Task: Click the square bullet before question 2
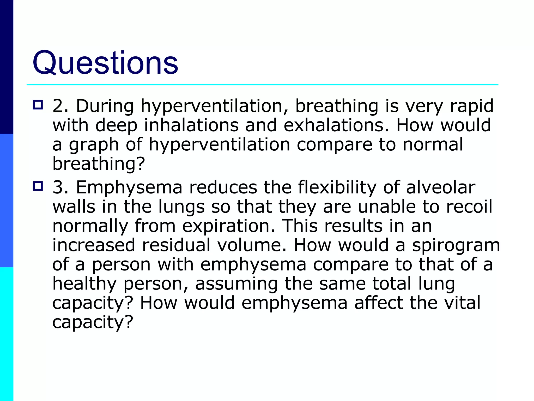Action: pyautogui.click(x=38, y=105)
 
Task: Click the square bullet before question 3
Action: pyautogui.click(x=38, y=186)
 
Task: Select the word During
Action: pyautogui.click(x=105, y=106)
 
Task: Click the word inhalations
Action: pyautogui.click(x=191, y=125)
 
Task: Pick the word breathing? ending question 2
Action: pyautogui.click(x=99, y=164)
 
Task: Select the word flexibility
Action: pyautogui.click(x=337, y=188)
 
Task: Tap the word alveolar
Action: pyautogui.click(x=441, y=187)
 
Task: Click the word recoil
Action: pyautogui.click(x=469, y=207)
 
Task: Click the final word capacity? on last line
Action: pyautogui.click(x=93, y=323)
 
